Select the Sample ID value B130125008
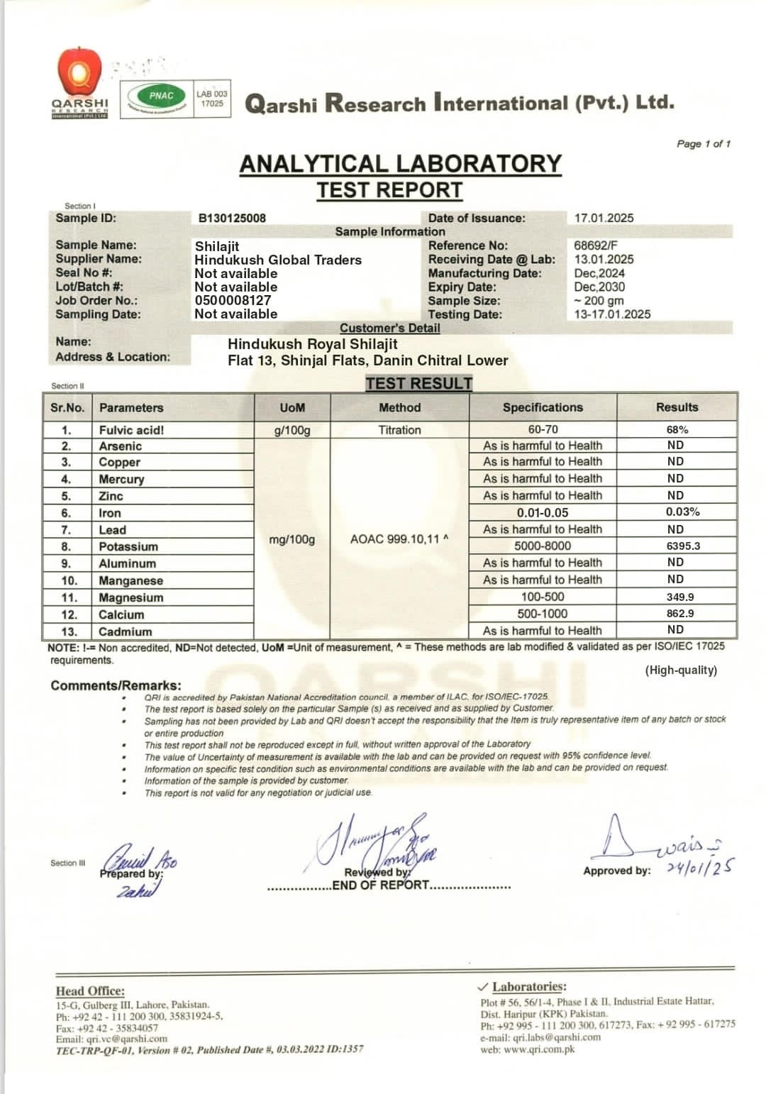click(x=232, y=219)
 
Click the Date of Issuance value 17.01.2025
click(x=604, y=219)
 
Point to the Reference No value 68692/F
click(x=596, y=246)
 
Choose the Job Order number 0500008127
click(x=233, y=301)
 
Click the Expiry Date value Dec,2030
click(x=599, y=287)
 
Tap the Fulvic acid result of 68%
click(x=677, y=430)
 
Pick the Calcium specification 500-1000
click(x=543, y=614)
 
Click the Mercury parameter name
click(x=121, y=480)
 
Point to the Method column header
click(x=399, y=408)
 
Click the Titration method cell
click(x=399, y=430)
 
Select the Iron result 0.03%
click(x=682, y=512)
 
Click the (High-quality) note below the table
click(x=681, y=670)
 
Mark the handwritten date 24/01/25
click(x=700, y=867)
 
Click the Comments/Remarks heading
click(x=116, y=686)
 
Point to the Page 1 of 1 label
click(x=703, y=144)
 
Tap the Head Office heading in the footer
click(x=90, y=991)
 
